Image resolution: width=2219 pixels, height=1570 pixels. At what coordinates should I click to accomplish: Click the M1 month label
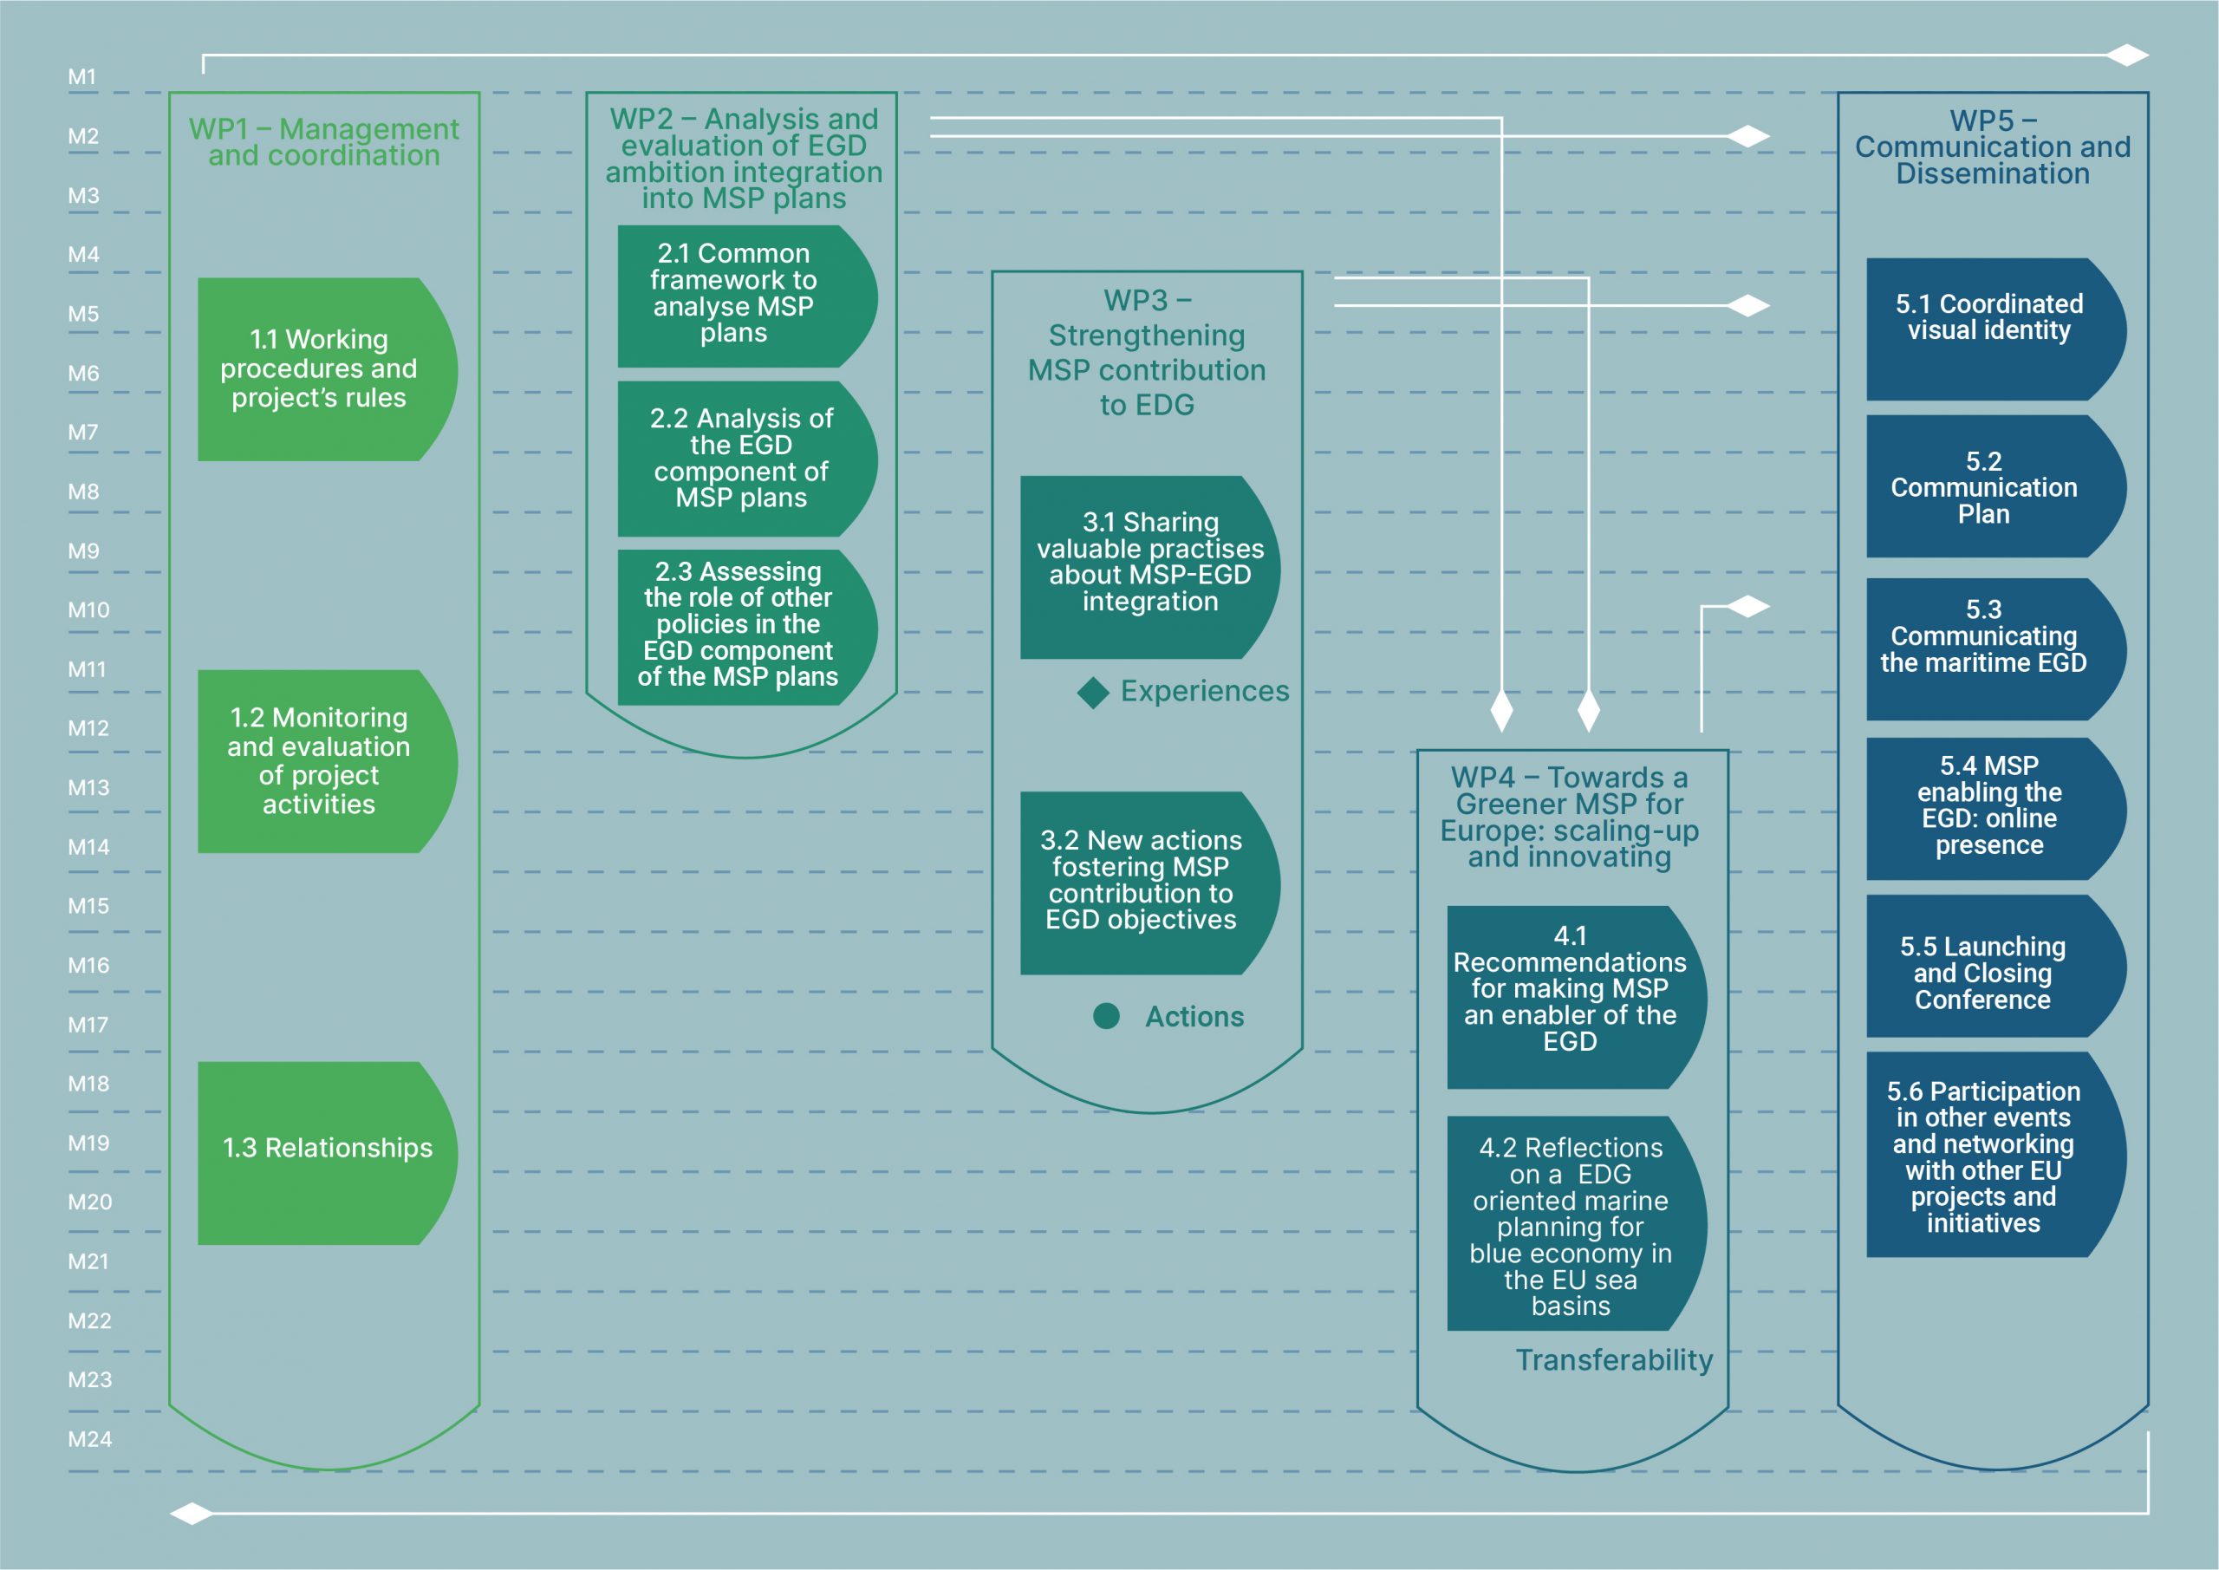82,77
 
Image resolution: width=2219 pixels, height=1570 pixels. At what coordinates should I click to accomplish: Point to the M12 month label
88,729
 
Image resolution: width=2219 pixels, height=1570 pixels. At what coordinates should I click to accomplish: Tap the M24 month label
89,1439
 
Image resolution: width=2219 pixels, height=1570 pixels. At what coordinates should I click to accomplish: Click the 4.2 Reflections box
1571,1225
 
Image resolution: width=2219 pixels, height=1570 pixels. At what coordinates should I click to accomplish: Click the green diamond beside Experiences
1093,692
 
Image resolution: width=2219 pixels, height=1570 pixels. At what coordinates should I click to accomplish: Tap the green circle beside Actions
1106,1016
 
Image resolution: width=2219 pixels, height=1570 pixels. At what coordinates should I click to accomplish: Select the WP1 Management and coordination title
324,142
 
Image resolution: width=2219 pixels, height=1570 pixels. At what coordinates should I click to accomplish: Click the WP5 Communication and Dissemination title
1992,147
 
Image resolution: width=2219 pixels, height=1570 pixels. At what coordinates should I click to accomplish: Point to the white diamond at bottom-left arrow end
192,1513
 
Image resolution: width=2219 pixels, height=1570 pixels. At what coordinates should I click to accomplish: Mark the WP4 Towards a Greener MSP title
1570,817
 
